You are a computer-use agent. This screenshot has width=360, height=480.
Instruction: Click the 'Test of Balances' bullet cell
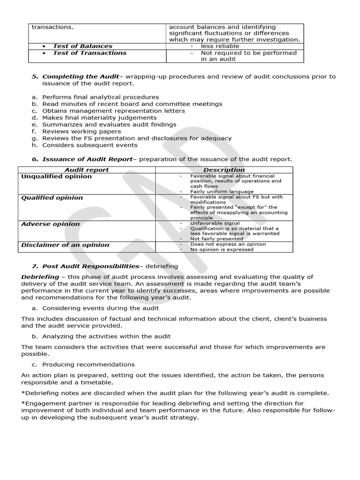[82, 46]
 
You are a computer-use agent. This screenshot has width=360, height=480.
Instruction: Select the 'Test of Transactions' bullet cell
[90, 53]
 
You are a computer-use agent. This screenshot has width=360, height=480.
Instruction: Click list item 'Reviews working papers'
[81, 132]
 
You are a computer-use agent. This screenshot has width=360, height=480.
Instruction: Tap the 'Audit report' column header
[86, 170]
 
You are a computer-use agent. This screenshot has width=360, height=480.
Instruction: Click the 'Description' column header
[224, 170]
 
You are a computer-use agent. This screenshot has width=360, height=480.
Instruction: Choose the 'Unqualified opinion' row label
[57, 177]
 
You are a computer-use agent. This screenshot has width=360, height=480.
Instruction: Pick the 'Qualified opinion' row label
[52, 198]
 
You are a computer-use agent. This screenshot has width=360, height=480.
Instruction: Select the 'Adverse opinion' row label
[50, 224]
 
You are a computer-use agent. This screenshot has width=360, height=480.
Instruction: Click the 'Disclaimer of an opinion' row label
[65, 245]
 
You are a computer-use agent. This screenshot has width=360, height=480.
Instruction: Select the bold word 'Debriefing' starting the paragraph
[40, 277]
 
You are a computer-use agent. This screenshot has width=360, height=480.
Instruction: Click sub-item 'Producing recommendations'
[88, 364]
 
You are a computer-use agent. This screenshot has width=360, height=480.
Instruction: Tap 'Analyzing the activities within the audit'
[106, 336]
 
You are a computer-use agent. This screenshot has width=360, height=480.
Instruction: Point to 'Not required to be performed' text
[248, 53]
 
